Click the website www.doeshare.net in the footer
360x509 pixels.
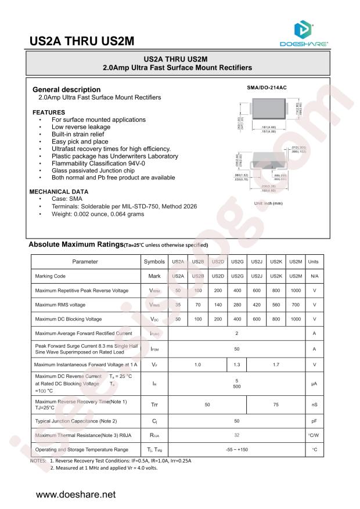coord(76,494)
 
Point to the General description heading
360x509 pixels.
coord(66,89)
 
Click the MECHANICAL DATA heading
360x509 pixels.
coord(59,192)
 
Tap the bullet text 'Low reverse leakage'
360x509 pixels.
coord(81,127)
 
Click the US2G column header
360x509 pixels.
coord(236,261)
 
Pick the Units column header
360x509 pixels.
coord(314,261)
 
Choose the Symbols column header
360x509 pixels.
coord(154,261)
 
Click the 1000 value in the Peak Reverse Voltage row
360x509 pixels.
coord(296,290)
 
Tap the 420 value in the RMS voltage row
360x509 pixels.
coord(256,305)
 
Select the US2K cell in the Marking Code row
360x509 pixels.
coord(276,276)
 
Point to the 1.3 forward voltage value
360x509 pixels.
coord(236,364)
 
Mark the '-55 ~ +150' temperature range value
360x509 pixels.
coord(236,449)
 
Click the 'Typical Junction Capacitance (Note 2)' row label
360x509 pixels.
coord(76,421)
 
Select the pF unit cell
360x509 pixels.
coord(314,421)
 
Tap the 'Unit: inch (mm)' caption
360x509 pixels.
coord(268,203)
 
